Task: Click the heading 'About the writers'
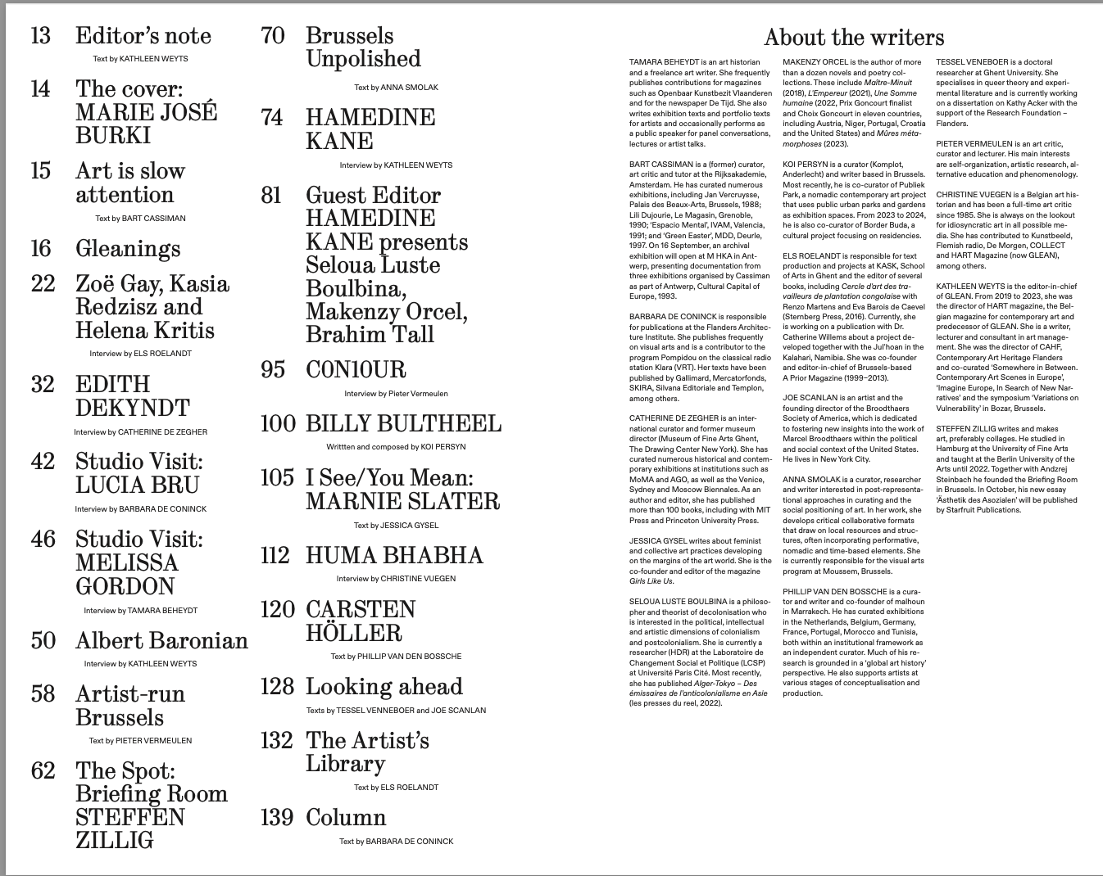(x=853, y=38)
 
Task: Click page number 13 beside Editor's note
(x=41, y=36)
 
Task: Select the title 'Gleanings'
(x=128, y=249)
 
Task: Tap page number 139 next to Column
(x=277, y=818)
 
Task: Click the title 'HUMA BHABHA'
(x=394, y=556)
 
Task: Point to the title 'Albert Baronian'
(x=161, y=641)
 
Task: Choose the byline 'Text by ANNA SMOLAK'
(x=396, y=88)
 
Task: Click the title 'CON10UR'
(x=356, y=370)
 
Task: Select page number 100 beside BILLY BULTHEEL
(x=278, y=424)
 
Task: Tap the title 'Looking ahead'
(x=384, y=687)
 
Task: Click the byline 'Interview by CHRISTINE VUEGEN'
(x=396, y=579)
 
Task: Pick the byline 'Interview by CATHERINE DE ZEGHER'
(x=140, y=432)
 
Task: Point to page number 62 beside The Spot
(x=43, y=771)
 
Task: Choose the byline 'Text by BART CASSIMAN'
(x=140, y=219)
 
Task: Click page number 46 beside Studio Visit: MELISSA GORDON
(x=43, y=540)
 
